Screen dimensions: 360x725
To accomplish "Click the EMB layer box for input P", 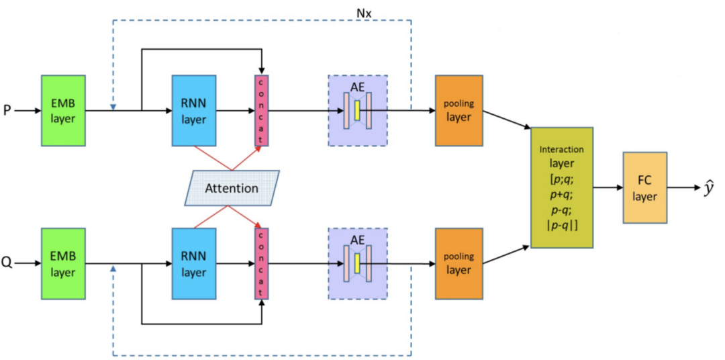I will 64,110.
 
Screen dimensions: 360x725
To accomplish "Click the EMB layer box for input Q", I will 64,263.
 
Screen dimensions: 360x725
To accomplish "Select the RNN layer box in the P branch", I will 193,110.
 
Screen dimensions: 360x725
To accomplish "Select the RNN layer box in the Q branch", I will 193,263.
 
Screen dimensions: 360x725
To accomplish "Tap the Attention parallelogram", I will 231,187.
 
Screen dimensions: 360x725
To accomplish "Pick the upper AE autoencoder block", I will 357,110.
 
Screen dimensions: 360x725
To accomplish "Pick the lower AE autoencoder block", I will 357,263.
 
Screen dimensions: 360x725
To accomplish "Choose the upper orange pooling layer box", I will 458,110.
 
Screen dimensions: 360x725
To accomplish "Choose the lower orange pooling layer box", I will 458,263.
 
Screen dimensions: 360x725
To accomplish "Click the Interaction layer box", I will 562,187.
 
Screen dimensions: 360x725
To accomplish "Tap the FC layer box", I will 644,187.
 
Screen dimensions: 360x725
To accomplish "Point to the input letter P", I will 7,110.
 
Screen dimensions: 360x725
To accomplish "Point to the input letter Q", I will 7,263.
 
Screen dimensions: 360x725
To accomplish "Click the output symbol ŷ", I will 709,189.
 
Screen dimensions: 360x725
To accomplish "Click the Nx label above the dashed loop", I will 363,11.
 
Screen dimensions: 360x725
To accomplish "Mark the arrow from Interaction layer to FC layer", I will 608,187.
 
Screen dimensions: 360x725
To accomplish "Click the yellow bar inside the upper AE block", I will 358,109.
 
